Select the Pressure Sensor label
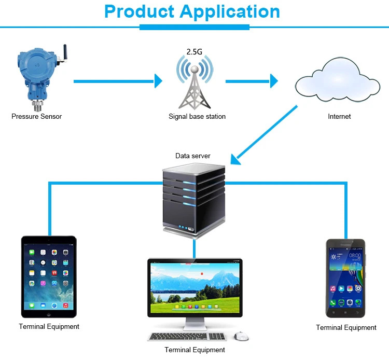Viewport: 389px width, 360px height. (36, 117)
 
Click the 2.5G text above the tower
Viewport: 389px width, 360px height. (195, 52)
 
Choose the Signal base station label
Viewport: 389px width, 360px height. (197, 117)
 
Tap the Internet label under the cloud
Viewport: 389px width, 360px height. (339, 117)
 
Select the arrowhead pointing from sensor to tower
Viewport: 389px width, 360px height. (159, 81)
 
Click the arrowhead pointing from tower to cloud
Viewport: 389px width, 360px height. (273, 81)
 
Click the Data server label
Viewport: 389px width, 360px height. (193, 156)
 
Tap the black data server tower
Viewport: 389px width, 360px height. (194, 200)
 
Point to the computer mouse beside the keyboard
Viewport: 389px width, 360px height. (240, 337)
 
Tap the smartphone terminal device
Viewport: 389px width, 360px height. (345, 278)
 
